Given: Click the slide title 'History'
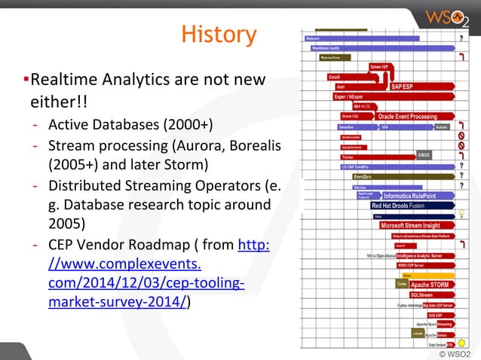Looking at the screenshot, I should click(219, 35).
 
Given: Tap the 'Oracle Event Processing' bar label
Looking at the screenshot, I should click(406, 117).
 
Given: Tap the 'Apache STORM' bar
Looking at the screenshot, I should click(430, 285).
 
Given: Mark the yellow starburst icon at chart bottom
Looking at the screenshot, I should click(452, 343).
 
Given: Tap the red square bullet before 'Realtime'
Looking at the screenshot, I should click(26, 79).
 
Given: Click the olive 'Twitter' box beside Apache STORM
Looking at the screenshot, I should click(401, 285).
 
